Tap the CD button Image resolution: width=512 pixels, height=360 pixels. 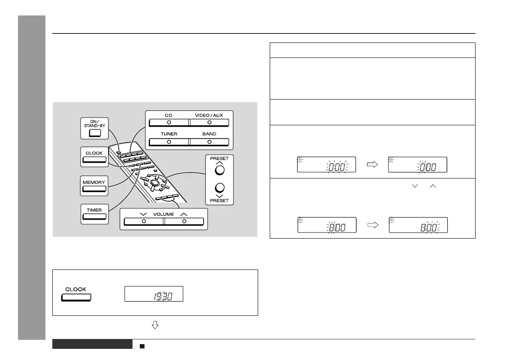[169, 122]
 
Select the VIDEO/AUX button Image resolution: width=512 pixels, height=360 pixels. [209, 122]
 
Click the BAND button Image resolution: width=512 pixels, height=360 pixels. [209, 142]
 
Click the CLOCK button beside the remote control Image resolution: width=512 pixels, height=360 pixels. [94, 160]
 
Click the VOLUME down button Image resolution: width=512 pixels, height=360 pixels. [143, 221]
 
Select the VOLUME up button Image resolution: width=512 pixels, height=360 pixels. [184, 221]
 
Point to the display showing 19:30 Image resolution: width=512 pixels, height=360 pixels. [154, 294]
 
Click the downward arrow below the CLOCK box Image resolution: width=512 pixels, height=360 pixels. [155, 326]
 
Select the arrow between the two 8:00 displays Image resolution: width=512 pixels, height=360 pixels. [372, 224]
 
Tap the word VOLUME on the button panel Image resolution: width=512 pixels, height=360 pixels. [163, 214]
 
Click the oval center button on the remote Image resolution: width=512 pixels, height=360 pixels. [154, 184]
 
